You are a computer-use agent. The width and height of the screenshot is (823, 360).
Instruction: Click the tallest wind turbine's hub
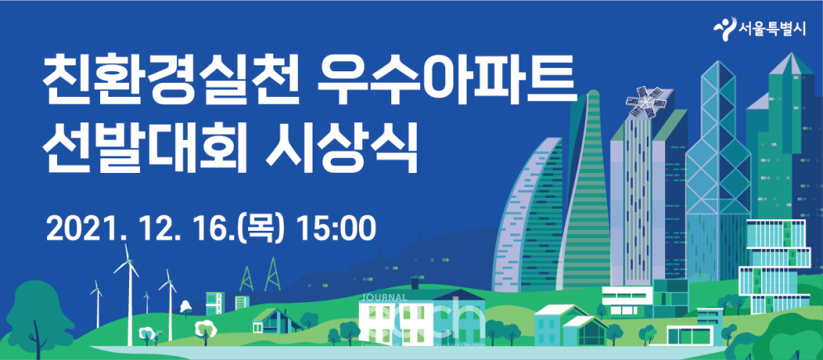click(x=128, y=266)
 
